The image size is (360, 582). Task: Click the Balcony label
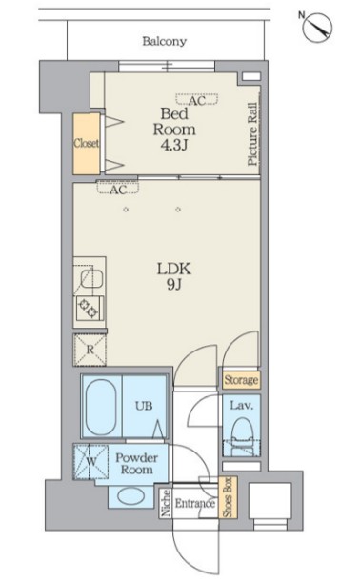coord(164,41)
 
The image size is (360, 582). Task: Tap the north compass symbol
coord(316,27)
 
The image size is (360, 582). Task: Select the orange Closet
coord(87,144)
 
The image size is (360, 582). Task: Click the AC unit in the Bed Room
coord(197,99)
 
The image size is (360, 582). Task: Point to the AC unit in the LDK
coord(118,188)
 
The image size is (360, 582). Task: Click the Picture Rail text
coord(252,133)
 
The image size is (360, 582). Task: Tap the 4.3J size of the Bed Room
coord(173,145)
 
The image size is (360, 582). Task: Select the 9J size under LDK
coord(173,284)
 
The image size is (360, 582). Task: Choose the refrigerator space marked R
coord(90,350)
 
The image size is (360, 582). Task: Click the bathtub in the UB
coord(101,406)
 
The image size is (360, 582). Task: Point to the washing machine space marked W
coord(90,461)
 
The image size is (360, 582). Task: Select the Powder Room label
coord(136,464)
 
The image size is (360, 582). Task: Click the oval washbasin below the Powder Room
coord(130,496)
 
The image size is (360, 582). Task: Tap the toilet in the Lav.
coord(242,436)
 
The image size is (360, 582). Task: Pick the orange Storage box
coord(241,380)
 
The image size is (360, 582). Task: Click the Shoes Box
coord(227,497)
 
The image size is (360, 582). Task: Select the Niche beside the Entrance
coord(166,503)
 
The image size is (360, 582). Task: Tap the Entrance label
coord(195,504)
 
